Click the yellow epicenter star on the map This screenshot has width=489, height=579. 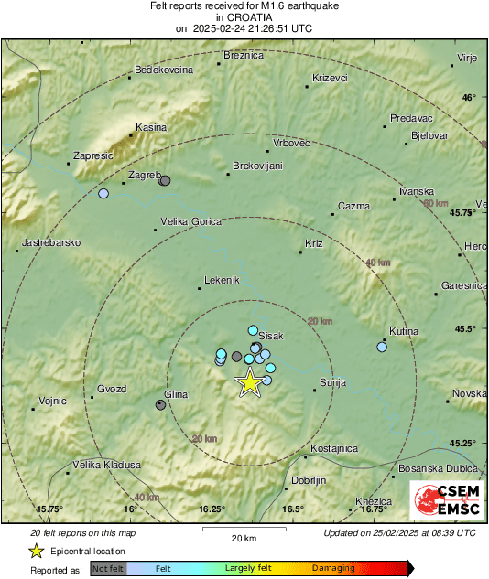[x=249, y=383]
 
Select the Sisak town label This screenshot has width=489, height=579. [x=272, y=336]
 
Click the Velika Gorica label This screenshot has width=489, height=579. [x=192, y=221]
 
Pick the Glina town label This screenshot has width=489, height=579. [x=175, y=393]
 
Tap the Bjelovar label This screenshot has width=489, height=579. [x=429, y=134]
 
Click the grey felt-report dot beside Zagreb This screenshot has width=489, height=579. [x=165, y=181]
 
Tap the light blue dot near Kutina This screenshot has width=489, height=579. [x=382, y=347]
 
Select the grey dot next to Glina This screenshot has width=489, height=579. [x=161, y=404]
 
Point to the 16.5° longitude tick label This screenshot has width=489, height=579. [x=293, y=509]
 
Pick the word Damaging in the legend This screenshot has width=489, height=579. [x=333, y=568]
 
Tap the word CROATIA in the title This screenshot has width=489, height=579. [x=244, y=16]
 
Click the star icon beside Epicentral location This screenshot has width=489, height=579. [x=36, y=552]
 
